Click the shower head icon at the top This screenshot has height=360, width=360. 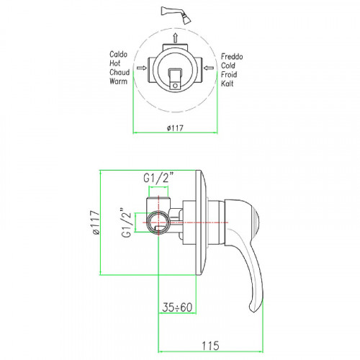[177, 15]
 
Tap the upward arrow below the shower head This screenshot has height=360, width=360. [176, 38]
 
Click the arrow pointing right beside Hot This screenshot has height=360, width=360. [142, 68]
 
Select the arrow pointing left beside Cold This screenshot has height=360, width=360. [209, 68]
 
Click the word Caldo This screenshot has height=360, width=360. [118, 54]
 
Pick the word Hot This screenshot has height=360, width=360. [114, 63]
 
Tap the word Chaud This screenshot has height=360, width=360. [120, 72]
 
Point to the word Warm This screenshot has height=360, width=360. [118, 81]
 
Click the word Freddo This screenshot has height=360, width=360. [232, 57]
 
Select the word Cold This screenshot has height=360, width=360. [228, 66]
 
